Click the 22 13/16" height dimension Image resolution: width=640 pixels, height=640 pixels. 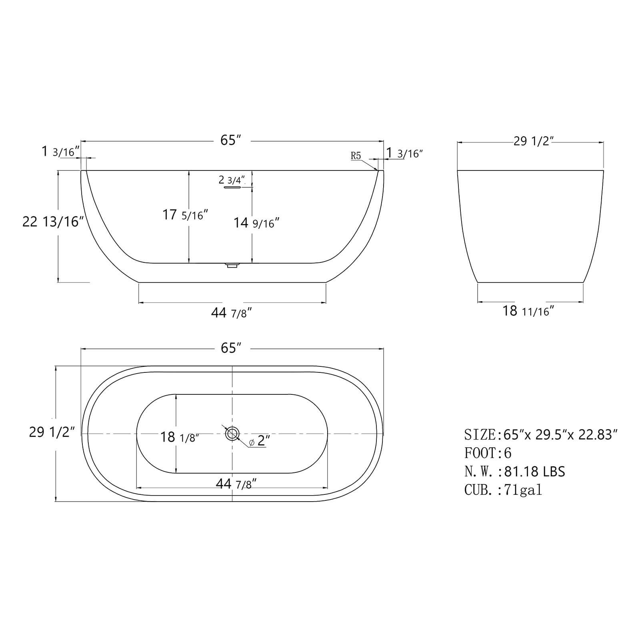53,222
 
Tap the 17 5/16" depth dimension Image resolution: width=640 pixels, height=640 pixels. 185,215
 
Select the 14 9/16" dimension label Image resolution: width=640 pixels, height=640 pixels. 256,223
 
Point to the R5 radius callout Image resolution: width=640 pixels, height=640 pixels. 356,156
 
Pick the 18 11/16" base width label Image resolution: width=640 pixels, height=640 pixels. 528,311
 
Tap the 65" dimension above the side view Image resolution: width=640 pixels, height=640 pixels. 230,140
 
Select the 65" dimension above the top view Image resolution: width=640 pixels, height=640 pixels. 230,348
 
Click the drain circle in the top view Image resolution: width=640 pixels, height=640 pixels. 232,434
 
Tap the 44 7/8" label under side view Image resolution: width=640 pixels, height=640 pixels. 231,313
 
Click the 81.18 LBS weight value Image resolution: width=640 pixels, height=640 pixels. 534,472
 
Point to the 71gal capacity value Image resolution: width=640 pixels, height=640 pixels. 523,490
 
